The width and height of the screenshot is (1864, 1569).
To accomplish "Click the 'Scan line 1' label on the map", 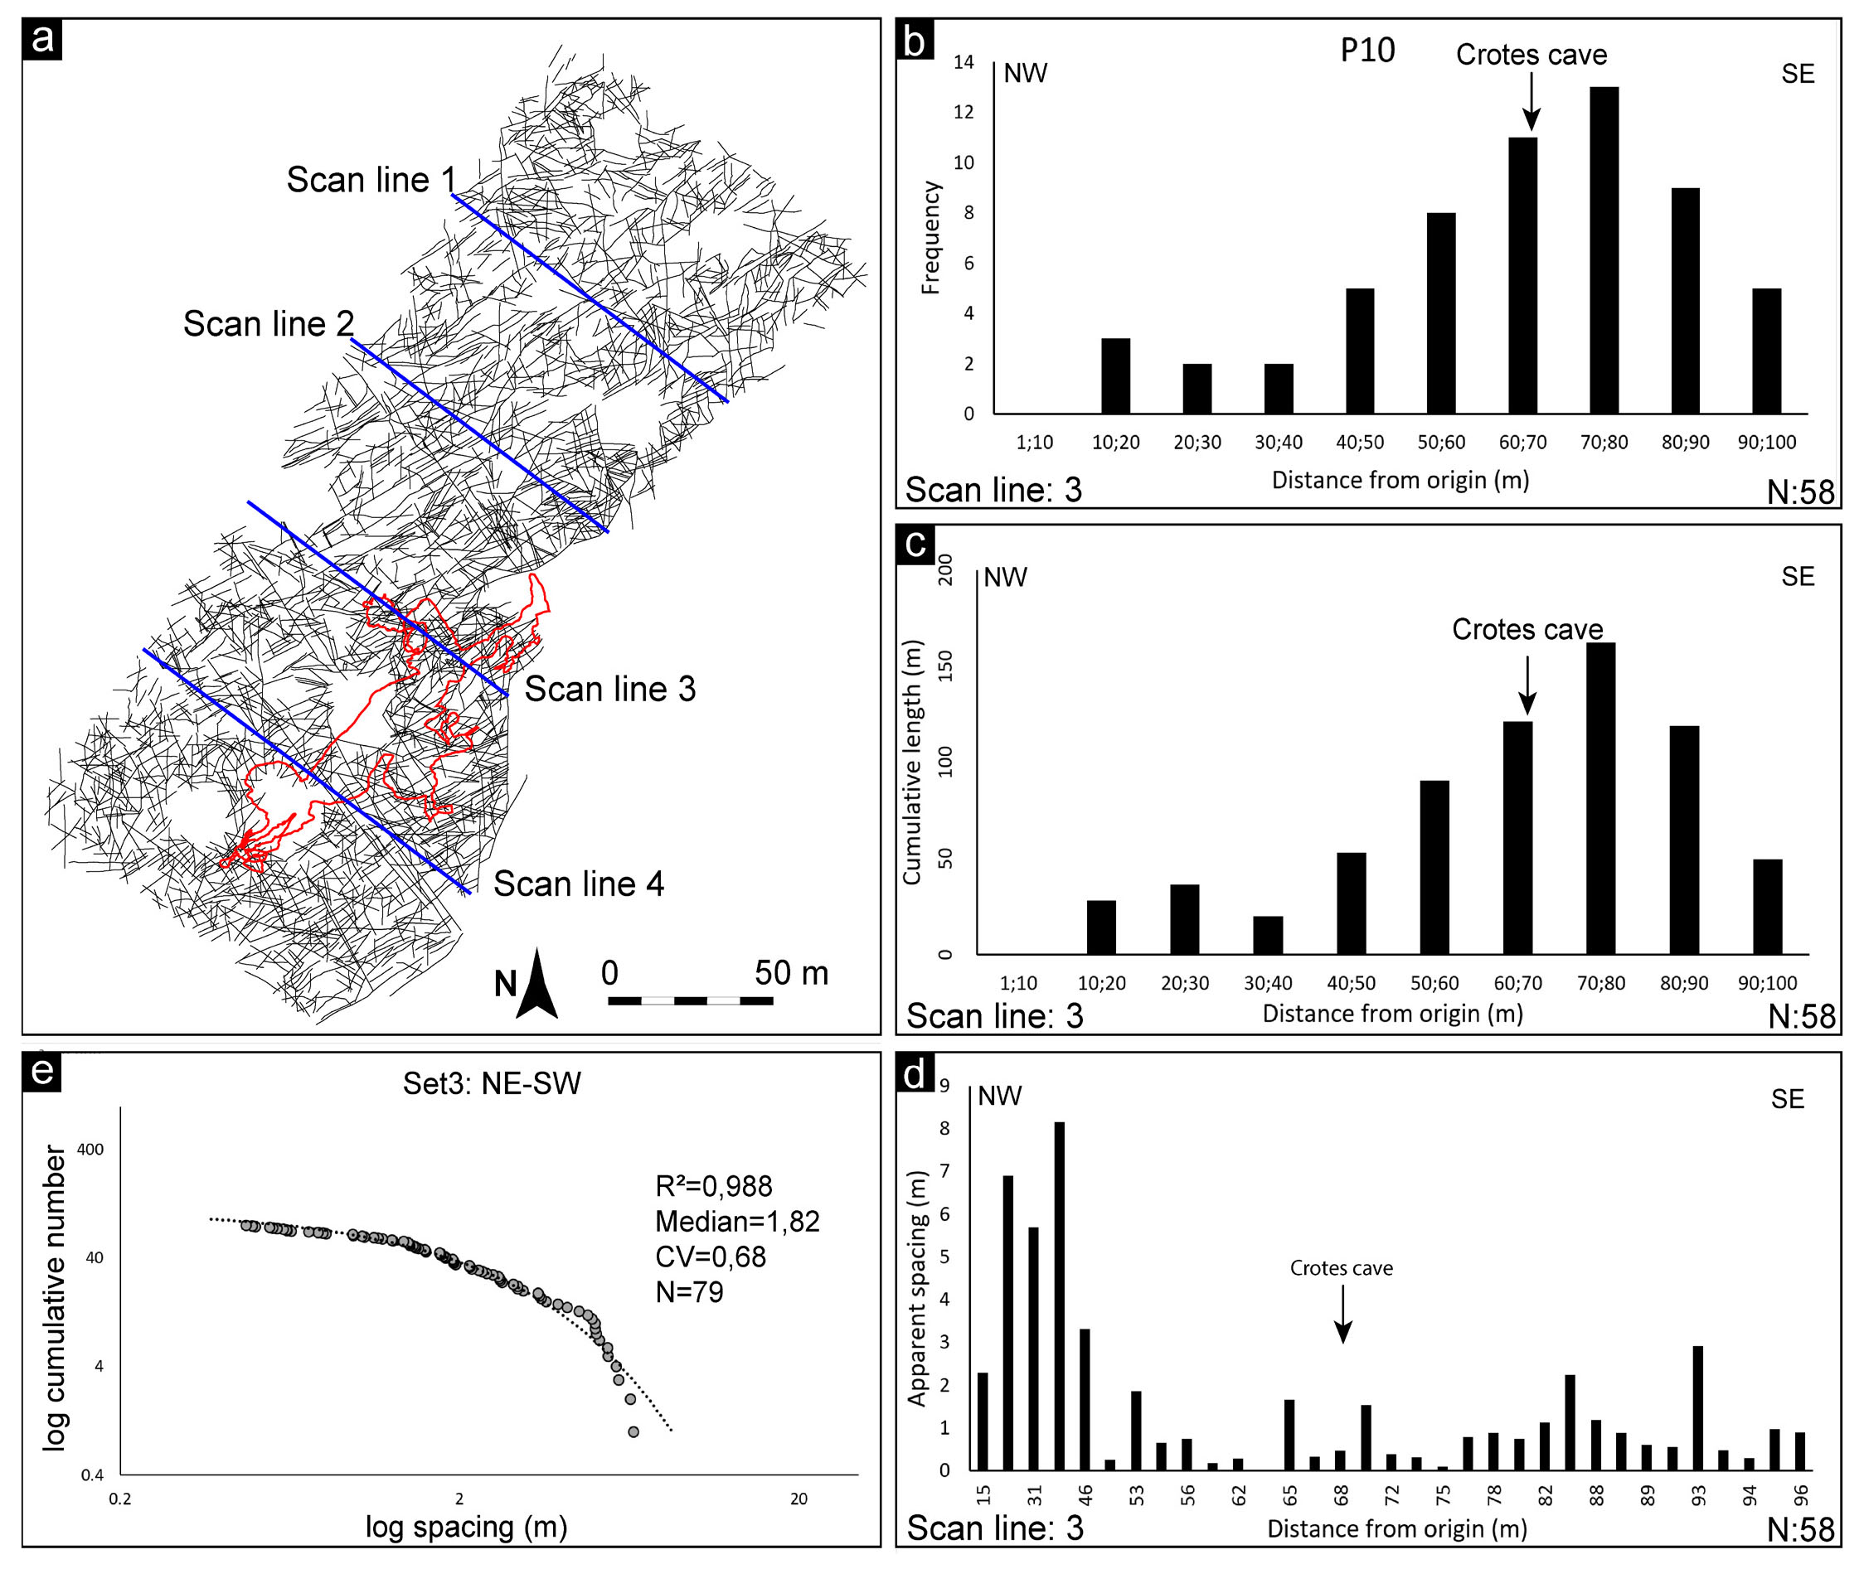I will tap(371, 180).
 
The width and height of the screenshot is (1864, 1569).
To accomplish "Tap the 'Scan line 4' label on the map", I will tap(578, 884).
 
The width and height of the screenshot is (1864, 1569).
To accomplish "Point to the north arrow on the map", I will tap(537, 984).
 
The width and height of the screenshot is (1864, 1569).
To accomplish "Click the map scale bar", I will tap(690, 1000).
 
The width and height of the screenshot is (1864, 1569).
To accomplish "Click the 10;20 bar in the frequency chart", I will tap(1115, 375).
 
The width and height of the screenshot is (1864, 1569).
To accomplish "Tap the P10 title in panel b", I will tap(1367, 51).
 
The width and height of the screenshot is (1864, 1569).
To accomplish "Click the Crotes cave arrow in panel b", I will tap(1531, 100).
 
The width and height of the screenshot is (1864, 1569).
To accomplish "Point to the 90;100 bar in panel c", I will tap(1767, 907).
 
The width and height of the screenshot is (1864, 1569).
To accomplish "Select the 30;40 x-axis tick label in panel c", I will tap(1268, 983).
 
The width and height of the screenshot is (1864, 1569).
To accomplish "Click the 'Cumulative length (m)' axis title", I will tap(911, 763).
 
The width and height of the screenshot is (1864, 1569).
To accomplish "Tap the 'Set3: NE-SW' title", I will tap(491, 1083).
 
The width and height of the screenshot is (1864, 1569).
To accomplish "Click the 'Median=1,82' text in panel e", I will tap(736, 1221).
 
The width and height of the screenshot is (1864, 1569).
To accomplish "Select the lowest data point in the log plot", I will tap(633, 1432).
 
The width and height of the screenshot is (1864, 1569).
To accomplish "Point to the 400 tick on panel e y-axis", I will tap(90, 1149).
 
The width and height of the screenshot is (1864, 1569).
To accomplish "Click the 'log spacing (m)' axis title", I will tap(466, 1526).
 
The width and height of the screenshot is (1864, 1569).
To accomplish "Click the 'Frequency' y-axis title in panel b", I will tap(930, 238).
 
